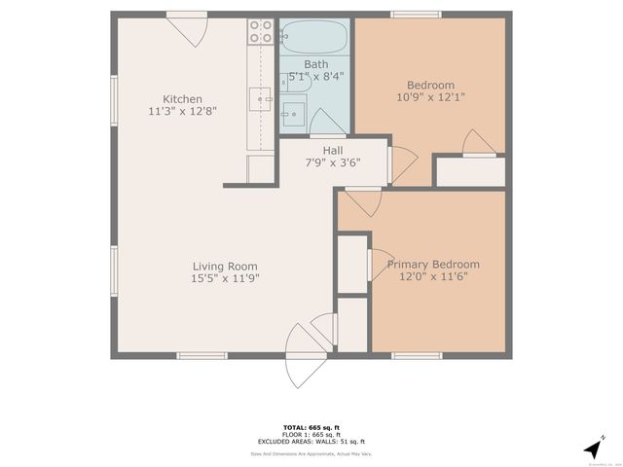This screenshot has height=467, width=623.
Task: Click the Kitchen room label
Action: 182,99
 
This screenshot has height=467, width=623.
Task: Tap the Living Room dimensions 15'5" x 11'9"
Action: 225,278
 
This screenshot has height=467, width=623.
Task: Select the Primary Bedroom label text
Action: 433,265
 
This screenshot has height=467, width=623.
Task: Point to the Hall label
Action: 319,150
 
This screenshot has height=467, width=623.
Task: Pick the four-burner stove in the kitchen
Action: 260,32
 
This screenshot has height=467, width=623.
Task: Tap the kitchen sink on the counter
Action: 261,96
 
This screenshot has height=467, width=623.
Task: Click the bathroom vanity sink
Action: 292,116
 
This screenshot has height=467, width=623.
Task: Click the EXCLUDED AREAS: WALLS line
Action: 311,442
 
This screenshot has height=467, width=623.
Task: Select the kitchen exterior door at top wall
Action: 186,29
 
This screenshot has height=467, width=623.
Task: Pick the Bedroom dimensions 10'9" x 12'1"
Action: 430,97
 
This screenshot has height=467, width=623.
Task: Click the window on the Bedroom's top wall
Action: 413,15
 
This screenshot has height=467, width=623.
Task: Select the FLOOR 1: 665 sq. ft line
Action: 311,435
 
